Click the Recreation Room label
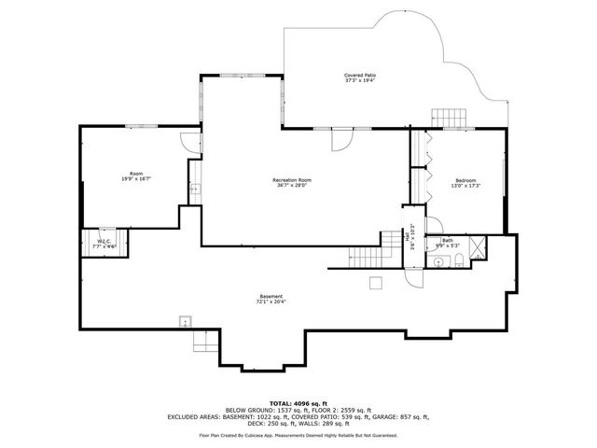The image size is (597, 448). [291, 179]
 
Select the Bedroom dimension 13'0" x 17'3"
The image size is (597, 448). [465, 186]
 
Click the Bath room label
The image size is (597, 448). [448, 241]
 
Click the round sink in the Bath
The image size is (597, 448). [437, 263]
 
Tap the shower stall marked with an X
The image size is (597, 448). [477, 248]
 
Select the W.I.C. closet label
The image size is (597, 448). [104, 242]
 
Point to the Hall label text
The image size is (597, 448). [408, 239]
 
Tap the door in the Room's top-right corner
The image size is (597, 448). [190, 142]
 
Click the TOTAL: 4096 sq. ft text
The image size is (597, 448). [298, 403]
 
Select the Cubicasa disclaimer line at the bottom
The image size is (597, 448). [298, 435]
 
